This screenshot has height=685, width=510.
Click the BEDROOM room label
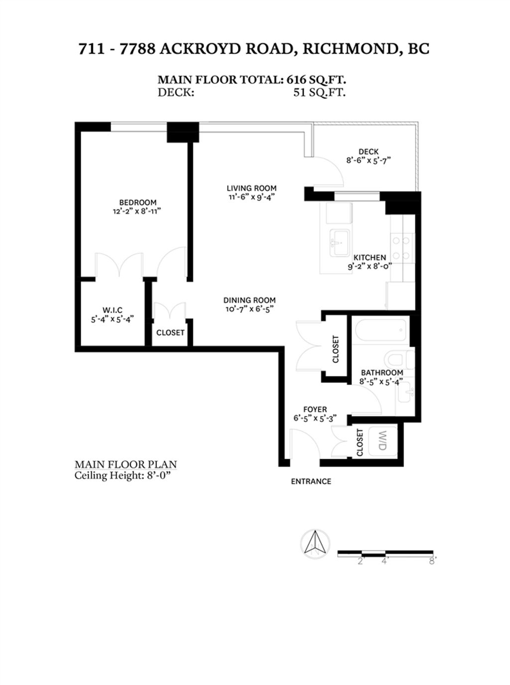tap(137, 202)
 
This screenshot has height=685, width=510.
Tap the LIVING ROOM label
tap(252, 188)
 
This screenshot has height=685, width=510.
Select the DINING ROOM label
tap(249, 300)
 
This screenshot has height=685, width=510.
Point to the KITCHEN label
tap(370, 257)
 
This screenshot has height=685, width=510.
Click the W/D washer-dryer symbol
tap(382, 441)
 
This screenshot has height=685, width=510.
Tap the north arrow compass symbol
tap(315, 542)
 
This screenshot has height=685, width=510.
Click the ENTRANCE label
tap(311, 481)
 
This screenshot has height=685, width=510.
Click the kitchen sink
tap(340, 243)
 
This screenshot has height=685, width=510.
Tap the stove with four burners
tap(402, 248)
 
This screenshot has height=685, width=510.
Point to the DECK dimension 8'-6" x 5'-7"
tap(369, 160)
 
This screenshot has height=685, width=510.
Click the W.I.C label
tap(113, 310)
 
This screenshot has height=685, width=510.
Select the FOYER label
tap(315, 409)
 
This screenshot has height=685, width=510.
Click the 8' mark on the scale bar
tap(432, 561)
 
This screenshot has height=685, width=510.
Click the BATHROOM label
tap(382, 373)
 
